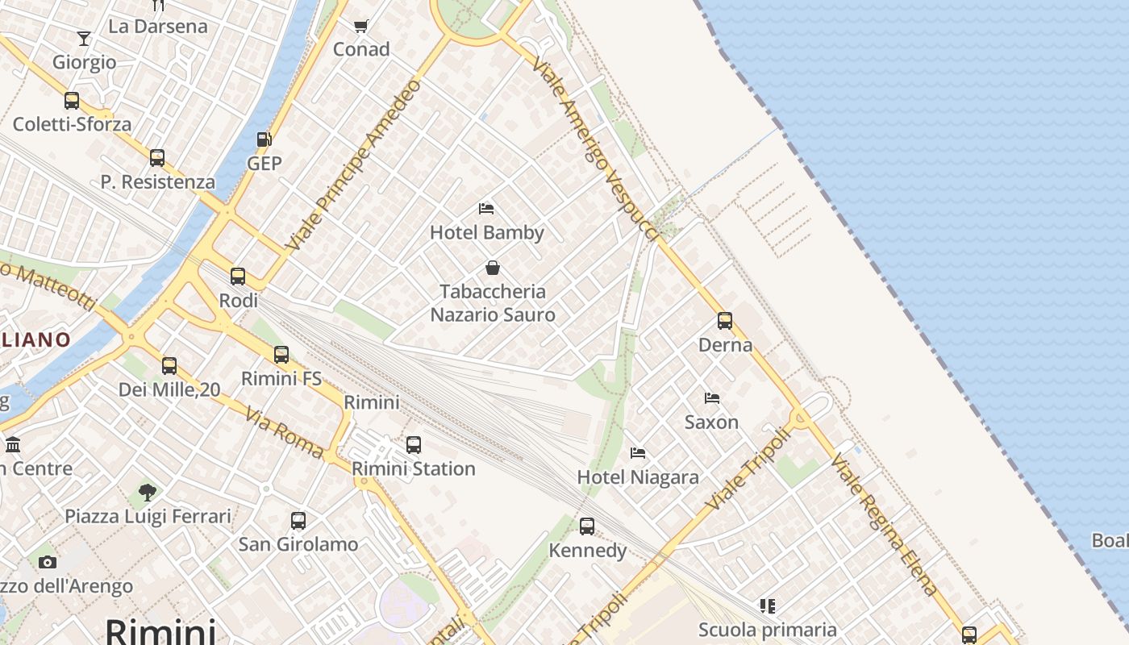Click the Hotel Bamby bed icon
tap(486, 209)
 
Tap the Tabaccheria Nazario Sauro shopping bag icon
tap(493, 268)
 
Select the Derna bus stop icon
tap(725, 321)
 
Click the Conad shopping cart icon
tap(361, 26)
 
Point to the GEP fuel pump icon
tap(264, 139)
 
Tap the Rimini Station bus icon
tap(414, 444)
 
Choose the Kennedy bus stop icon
tap(587, 526)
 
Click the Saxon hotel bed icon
tap(712, 398)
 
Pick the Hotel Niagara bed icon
tap(638, 453)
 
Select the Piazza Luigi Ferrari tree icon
tap(148, 492)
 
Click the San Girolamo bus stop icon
tap(298, 521)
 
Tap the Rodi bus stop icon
tap(238, 277)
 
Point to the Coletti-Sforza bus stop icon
tap(72, 101)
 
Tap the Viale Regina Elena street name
tap(885, 525)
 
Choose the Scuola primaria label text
tap(767, 630)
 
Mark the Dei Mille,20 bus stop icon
tap(169, 366)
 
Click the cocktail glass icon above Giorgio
tap(84, 39)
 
